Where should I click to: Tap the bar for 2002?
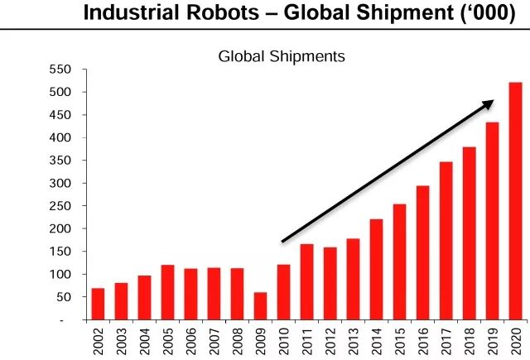tap(98, 304)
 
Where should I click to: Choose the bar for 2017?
tap(446, 241)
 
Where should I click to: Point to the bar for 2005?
tap(167, 292)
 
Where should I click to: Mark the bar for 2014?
tap(376, 269)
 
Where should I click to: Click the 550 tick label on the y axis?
tap(60, 70)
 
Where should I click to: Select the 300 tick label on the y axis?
tap(60, 183)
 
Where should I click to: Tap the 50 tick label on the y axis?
tap(64, 297)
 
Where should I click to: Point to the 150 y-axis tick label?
tap(60, 252)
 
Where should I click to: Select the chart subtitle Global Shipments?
tap(281, 57)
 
